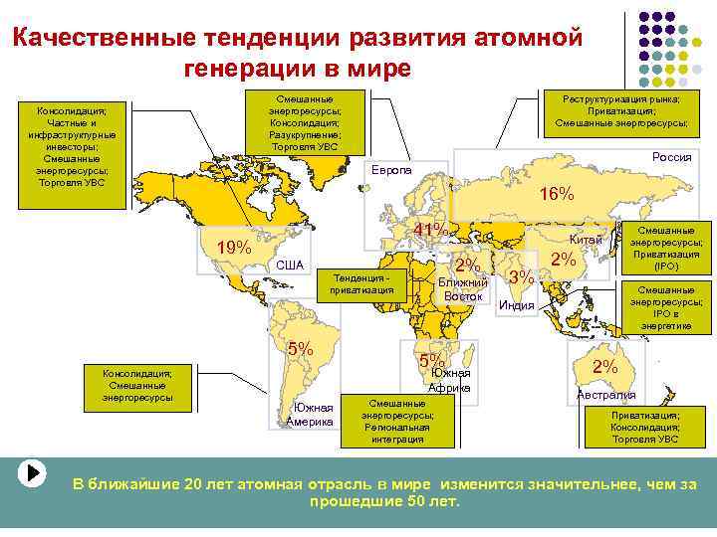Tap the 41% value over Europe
point(430,231)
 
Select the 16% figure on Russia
point(556,194)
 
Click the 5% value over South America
point(300,349)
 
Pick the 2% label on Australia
point(604,367)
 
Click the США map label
point(290,265)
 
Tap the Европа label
point(391,169)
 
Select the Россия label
point(671,157)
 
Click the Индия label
point(517,305)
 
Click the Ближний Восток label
point(463,289)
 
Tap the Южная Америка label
point(310,415)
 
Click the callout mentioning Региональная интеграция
point(392,421)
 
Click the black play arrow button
point(33,472)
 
